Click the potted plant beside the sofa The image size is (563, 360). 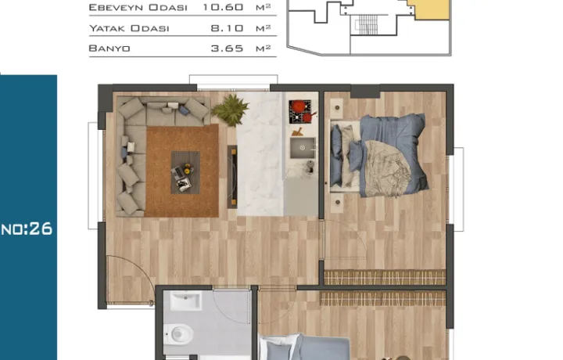230,110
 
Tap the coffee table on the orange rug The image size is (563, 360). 185,173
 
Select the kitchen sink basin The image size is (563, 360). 303,148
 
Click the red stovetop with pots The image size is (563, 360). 300,112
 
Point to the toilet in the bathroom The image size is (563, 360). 180,334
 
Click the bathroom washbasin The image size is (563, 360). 185,301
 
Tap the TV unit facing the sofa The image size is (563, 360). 232,177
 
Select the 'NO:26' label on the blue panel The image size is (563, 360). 27,229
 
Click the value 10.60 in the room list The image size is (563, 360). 223,7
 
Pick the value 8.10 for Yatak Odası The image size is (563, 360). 227,28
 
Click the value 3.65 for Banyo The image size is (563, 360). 227,49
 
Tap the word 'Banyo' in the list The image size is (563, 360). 109,49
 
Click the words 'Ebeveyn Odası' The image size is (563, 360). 138,8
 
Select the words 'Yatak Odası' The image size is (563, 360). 129,28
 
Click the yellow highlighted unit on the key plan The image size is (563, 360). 431,9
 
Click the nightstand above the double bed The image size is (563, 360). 337,108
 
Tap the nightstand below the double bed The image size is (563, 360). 338,202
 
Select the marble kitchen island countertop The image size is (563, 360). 260,153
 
